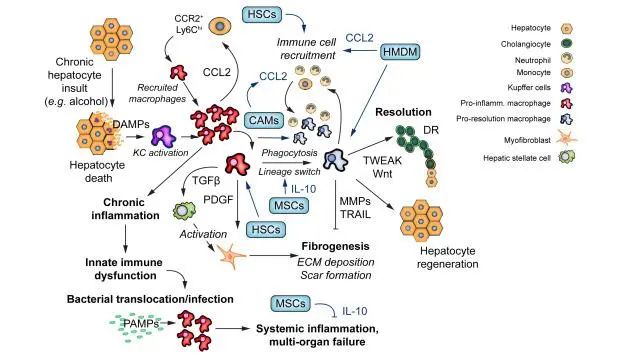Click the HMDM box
(x=400, y=52)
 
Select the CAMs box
(x=264, y=120)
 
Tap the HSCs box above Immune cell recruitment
(x=261, y=14)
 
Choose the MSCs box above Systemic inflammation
(x=290, y=304)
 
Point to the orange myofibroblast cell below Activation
(x=232, y=256)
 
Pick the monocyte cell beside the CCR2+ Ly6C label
(x=220, y=26)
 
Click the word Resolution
(x=403, y=112)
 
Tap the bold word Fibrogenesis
(x=335, y=246)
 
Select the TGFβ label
(x=206, y=181)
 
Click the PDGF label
(x=218, y=199)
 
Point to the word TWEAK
(x=382, y=161)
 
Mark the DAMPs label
(x=131, y=124)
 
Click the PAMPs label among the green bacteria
(x=141, y=324)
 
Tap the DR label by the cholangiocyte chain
(x=431, y=130)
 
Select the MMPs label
(x=355, y=201)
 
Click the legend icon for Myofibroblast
(x=566, y=138)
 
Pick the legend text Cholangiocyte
(x=526, y=44)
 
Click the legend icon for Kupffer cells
(x=566, y=88)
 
